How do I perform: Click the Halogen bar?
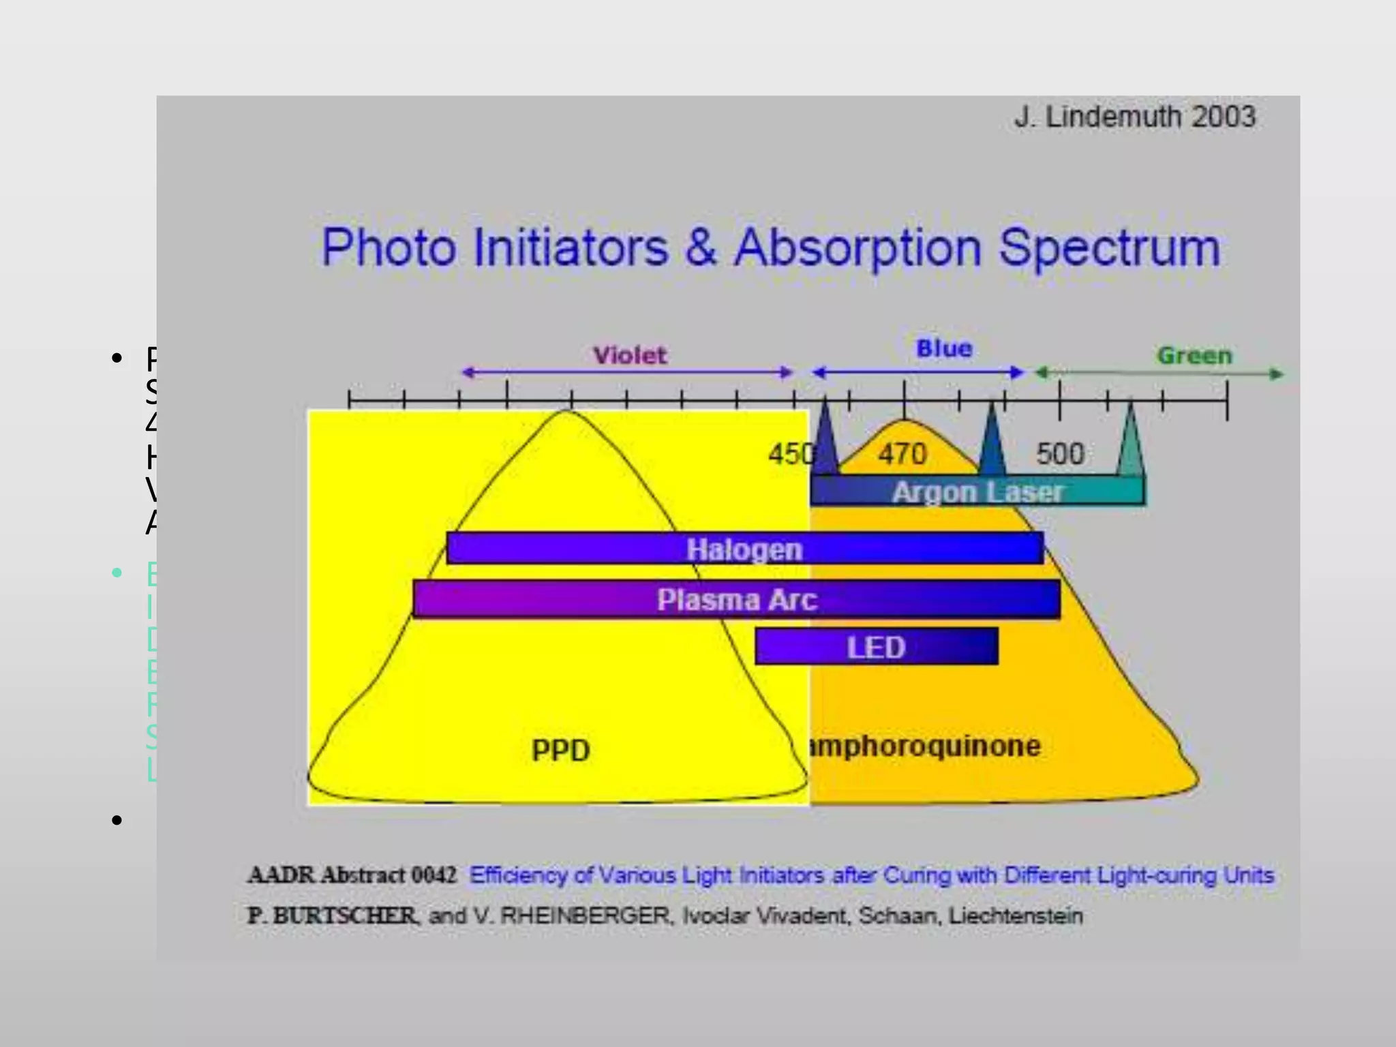744,549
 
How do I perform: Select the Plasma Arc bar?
736,600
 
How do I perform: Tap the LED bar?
876,647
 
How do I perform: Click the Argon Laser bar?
977,491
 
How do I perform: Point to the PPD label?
560,750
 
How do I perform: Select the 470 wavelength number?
902,454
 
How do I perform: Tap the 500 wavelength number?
1060,454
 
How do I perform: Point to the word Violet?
629,355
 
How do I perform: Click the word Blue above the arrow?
944,348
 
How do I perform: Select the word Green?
1194,355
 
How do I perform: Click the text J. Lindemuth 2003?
1134,117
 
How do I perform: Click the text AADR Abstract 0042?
352,875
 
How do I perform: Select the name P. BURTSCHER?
332,915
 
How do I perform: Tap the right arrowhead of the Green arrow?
1276,374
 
